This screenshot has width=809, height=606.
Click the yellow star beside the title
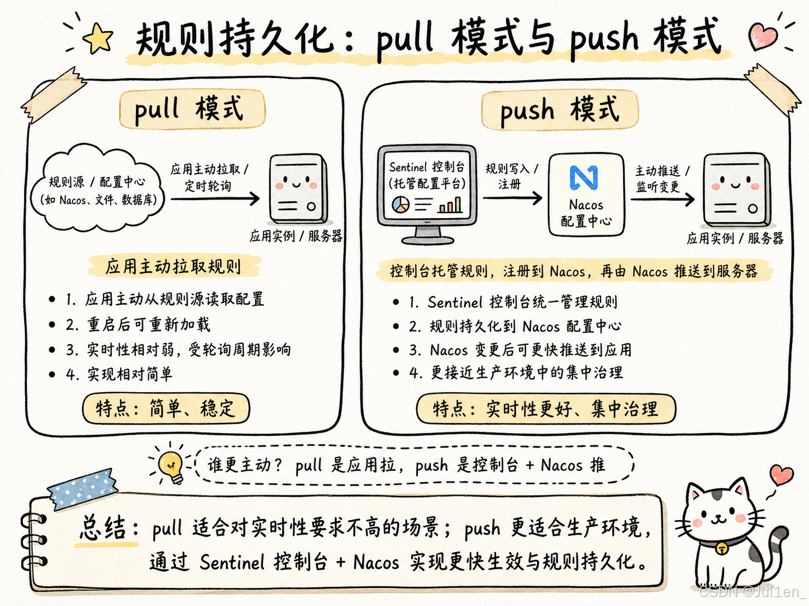tap(98, 37)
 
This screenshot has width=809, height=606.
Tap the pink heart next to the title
tap(763, 36)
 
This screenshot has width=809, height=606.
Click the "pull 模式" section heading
tap(192, 109)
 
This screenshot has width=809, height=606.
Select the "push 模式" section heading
tap(559, 109)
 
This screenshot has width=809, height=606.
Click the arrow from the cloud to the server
tap(215, 199)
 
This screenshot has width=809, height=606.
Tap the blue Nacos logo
tap(584, 177)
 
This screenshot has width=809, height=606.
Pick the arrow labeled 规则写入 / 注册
tap(512, 198)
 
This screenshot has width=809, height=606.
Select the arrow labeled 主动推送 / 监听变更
tap(663, 199)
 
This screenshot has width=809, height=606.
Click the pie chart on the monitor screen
tap(401, 205)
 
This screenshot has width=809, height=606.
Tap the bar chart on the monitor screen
tap(450, 205)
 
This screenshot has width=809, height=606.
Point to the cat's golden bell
tap(722, 549)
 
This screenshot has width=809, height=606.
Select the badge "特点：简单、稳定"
tap(166, 408)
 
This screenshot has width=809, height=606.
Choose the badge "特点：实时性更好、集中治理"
tap(546, 409)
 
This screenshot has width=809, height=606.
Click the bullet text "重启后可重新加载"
tap(149, 325)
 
